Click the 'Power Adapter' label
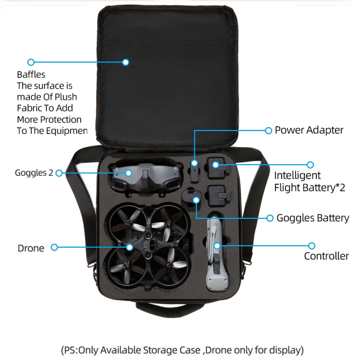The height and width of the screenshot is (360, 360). click(x=309, y=130)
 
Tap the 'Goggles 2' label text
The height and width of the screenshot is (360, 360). click(x=34, y=173)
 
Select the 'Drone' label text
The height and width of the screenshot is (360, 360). click(x=31, y=248)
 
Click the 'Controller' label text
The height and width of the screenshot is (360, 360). click(x=326, y=256)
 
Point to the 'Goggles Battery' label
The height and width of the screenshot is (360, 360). click(x=312, y=218)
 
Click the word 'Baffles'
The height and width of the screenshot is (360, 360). click(x=31, y=74)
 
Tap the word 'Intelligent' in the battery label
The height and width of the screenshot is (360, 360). click(x=297, y=175)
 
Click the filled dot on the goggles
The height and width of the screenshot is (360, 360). click(x=129, y=173)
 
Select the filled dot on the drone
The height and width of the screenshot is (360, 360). click(x=130, y=247)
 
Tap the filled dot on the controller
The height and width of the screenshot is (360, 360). click(x=217, y=246)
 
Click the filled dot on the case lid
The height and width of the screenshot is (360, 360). click(x=126, y=62)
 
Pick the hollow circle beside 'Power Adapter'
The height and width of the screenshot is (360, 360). click(x=268, y=131)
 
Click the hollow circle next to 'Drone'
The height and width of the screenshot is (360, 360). click(x=54, y=247)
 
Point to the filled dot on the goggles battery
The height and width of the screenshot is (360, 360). click(x=196, y=200)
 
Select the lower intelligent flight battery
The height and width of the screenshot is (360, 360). click(x=218, y=195)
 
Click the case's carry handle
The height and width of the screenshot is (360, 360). click(x=170, y=310)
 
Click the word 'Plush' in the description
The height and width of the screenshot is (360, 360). click(x=66, y=97)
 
